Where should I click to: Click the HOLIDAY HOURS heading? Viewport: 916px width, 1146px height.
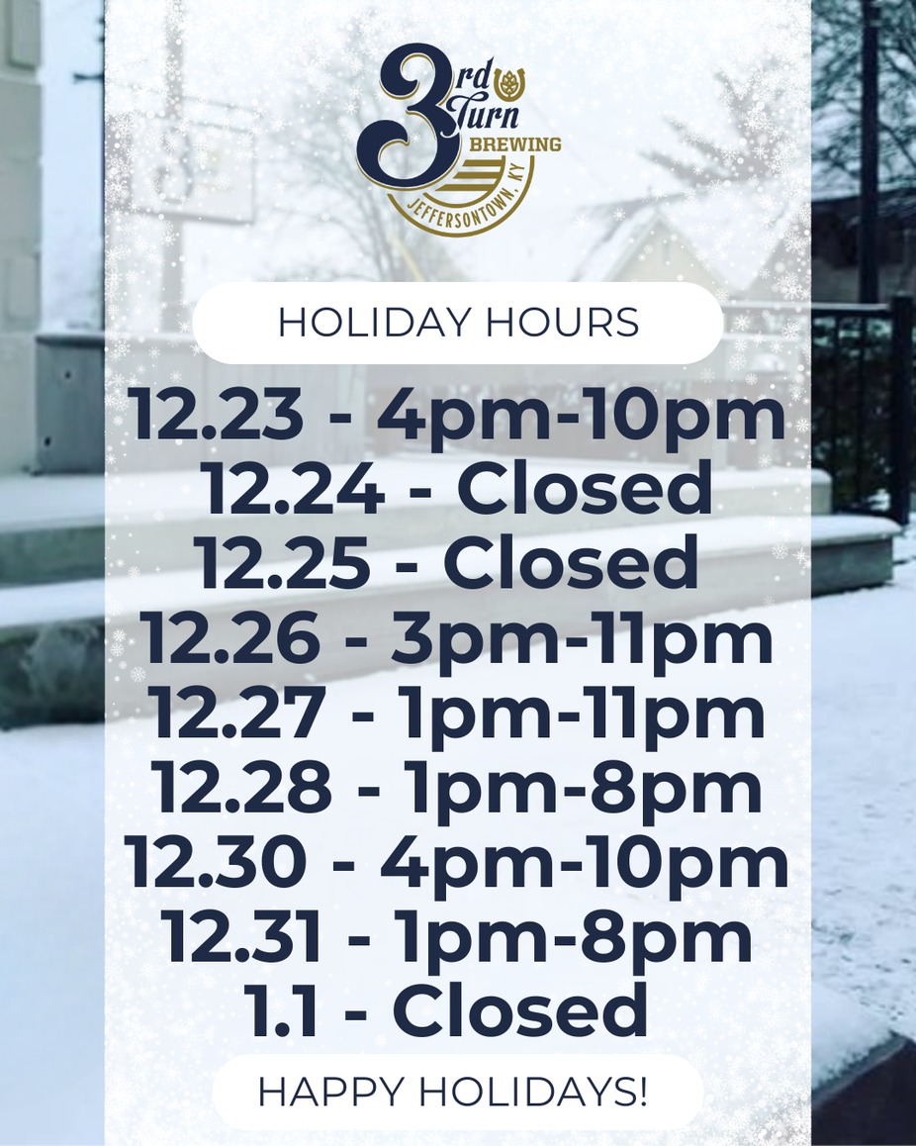click(x=458, y=324)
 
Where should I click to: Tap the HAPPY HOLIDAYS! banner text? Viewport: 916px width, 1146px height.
click(x=453, y=1092)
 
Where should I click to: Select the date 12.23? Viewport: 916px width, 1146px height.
click(x=217, y=416)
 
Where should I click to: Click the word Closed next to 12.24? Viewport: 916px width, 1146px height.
click(x=585, y=491)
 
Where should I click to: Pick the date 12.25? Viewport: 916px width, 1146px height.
click(x=285, y=564)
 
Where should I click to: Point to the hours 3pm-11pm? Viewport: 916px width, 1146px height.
click(x=582, y=639)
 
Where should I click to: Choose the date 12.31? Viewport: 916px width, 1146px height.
click(x=243, y=938)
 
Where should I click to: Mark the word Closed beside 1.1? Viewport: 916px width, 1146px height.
click(x=520, y=1012)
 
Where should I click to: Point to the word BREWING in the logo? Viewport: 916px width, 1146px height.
click(x=514, y=145)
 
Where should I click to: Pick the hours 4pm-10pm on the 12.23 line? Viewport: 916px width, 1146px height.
click(x=582, y=416)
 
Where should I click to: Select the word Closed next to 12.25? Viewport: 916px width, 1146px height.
click(x=571, y=564)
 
